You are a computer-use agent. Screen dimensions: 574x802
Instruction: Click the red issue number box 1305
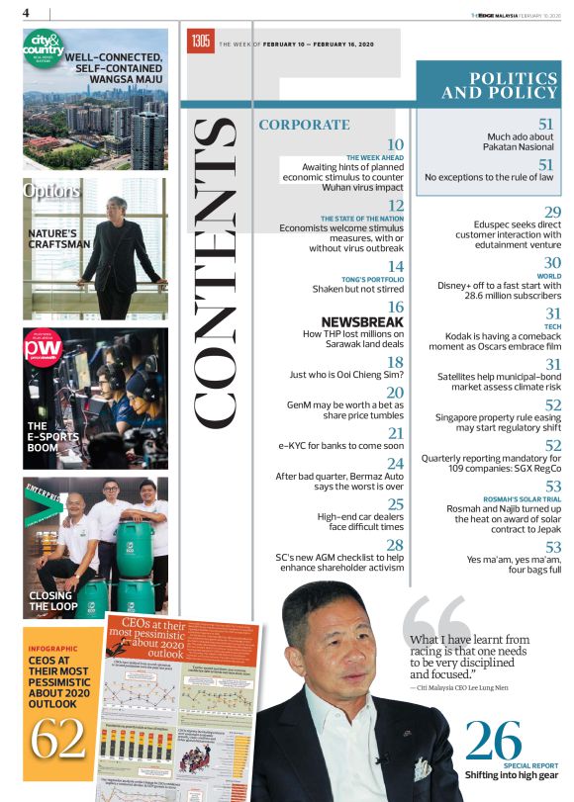200,42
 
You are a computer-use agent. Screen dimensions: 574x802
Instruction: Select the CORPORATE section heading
304,125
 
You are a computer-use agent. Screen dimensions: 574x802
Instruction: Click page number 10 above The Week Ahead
395,144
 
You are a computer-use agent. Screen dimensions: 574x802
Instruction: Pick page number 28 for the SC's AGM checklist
395,545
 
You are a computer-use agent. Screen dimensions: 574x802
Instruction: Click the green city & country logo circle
45,50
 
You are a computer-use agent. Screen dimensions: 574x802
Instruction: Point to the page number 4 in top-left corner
27,13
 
